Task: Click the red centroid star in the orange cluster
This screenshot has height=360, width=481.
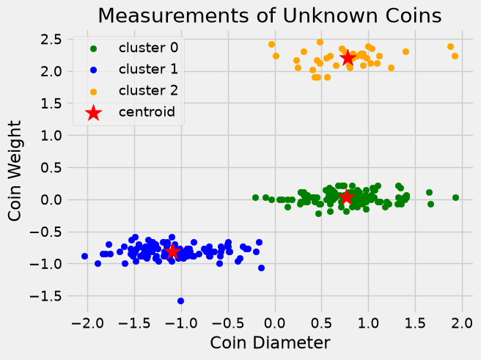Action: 348,58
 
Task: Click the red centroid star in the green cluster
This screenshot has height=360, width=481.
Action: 346,197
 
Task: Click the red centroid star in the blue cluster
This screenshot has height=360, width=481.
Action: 172,251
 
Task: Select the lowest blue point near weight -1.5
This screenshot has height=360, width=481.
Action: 180,301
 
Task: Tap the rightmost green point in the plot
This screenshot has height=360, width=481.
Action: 455,197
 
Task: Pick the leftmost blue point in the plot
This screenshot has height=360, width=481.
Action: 84,256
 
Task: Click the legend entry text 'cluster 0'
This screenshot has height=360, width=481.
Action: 148,48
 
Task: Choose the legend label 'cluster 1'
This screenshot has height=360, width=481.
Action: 148,70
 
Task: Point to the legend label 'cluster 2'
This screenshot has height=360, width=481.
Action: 148,91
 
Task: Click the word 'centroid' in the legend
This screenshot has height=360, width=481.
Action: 147,112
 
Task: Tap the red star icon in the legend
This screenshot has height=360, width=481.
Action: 94,113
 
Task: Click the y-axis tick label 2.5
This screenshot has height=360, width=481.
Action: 51,40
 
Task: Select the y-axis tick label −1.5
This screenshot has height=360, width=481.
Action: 45,296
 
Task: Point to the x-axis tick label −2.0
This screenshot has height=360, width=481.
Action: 88,323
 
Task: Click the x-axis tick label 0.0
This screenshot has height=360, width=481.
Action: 275,323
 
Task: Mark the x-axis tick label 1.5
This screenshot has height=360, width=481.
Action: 415,323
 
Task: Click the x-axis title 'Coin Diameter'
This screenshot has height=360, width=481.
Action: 271,342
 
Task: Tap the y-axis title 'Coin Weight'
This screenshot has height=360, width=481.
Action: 15,171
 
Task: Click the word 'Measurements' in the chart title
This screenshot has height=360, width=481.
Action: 173,15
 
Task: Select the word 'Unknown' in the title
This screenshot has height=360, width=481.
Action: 331,15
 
